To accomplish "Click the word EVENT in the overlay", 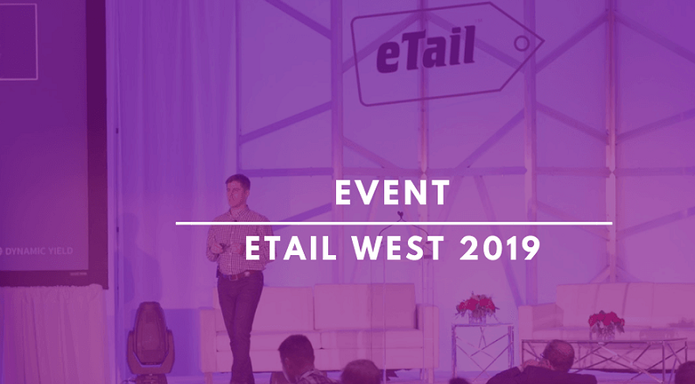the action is (x=392, y=193).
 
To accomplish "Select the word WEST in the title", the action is (x=398, y=248).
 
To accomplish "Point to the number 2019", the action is (x=500, y=248).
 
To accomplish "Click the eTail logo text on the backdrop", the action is (x=425, y=50).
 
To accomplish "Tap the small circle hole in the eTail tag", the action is (x=522, y=43).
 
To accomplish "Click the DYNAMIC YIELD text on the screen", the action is (x=39, y=252).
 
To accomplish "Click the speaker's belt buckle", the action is (x=231, y=276).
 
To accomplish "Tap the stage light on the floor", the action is (x=151, y=338).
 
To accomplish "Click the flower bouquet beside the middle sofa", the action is (x=476, y=306).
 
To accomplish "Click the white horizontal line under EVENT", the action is (x=394, y=223).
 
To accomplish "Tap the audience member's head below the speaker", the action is (x=298, y=353).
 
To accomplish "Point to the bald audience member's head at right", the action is (x=558, y=356).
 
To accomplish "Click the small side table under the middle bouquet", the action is (x=482, y=351).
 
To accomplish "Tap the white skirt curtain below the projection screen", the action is (x=53, y=334).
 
